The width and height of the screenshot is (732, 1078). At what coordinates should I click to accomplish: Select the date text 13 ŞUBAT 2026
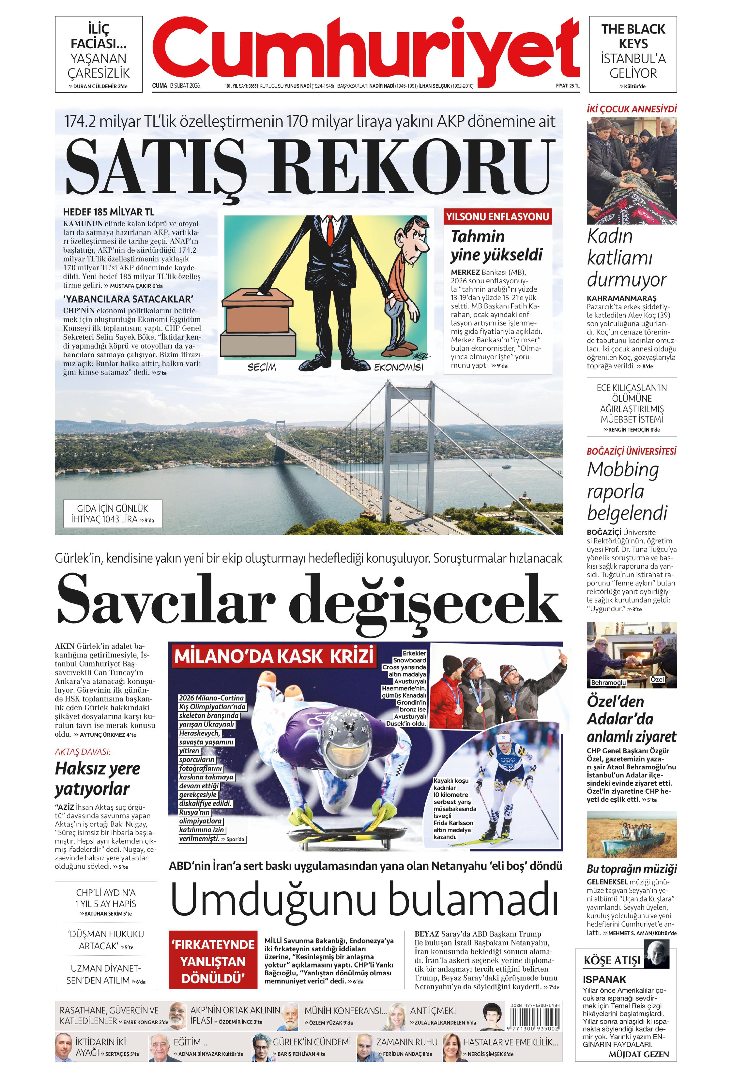(185, 86)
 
